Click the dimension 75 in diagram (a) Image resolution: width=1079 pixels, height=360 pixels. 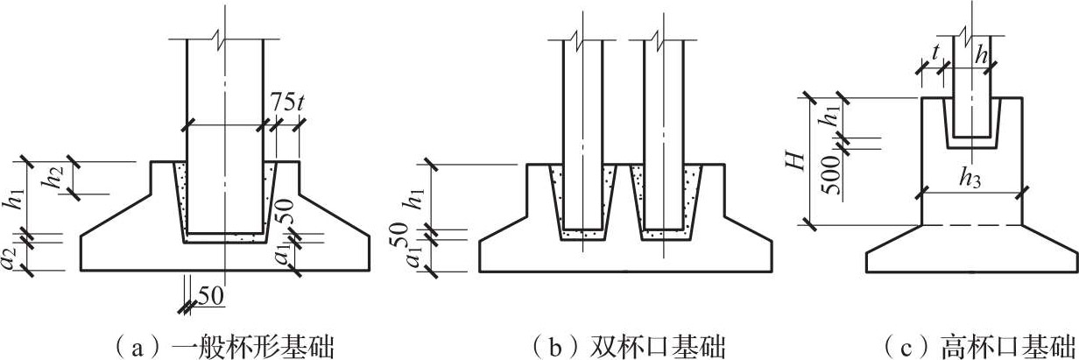pyautogui.click(x=281, y=102)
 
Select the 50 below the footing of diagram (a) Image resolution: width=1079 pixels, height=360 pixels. pyautogui.click(x=211, y=296)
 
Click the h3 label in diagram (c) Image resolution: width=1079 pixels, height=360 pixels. pyautogui.click(x=970, y=178)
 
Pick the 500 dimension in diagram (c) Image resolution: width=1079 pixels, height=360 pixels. pyautogui.click(x=830, y=174)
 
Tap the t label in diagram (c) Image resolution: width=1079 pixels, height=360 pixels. pyautogui.click(x=935, y=55)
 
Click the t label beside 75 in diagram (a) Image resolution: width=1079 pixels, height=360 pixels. pyautogui.click(x=300, y=102)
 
